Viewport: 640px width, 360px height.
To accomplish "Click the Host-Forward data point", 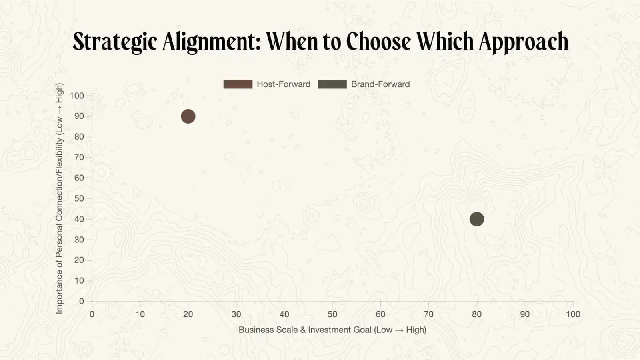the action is click(x=188, y=116).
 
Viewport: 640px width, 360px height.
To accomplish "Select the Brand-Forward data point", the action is click(x=476, y=219).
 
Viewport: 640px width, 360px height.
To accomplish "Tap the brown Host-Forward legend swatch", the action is click(x=238, y=84).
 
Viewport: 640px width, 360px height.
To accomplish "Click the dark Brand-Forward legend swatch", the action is click(x=332, y=84).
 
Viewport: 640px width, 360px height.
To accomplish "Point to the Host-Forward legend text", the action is click(x=284, y=84).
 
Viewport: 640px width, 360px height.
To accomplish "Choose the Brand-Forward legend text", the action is click(x=380, y=84).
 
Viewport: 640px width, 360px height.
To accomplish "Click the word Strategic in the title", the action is click(x=115, y=42).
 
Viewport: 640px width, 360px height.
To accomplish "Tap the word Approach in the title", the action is click(x=524, y=42).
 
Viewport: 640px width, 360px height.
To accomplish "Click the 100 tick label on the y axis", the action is click(x=77, y=96).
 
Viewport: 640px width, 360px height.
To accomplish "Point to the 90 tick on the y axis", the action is click(x=79, y=116).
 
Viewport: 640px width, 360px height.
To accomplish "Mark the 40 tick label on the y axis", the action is click(x=79, y=219).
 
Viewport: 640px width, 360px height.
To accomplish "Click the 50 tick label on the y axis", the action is click(x=79, y=198).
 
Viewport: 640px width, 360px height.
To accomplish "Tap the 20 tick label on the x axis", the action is click(x=188, y=314).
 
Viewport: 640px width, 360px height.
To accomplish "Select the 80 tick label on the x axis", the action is click(x=476, y=314).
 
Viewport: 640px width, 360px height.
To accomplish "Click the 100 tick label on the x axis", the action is click(x=573, y=314).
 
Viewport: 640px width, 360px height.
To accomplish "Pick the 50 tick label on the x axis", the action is click(x=332, y=314).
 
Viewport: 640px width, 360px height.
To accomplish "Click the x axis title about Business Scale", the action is click(x=332, y=330).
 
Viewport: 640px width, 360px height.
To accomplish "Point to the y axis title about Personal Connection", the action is click(x=59, y=198).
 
